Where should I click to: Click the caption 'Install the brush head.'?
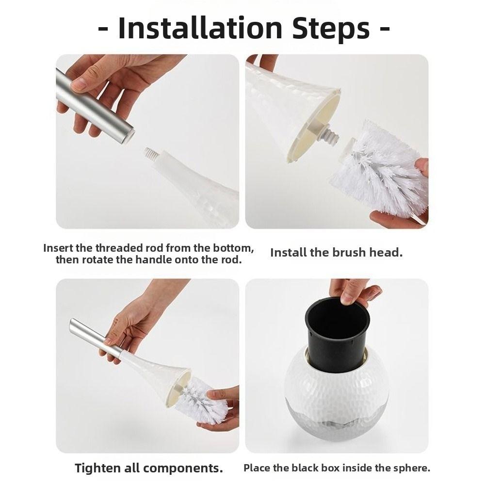tap(336, 253)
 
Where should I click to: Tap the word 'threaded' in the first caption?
tap(120, 248)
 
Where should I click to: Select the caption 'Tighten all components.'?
tap(148, 468)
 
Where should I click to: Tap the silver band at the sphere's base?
tap(335, 429)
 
